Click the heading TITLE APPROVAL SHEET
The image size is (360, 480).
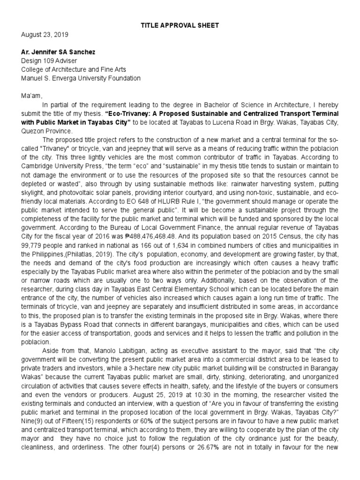tap(180, 25)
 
